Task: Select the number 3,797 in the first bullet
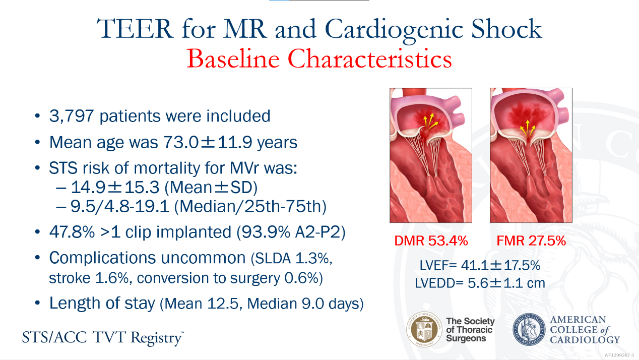(x=72, y=116)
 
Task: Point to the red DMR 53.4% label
(x=431, y=241)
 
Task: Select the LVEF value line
(x=480, y=265)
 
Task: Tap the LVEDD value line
(x=480, y=283)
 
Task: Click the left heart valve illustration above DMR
(x=431, y=155)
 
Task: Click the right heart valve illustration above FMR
(x=531, y=155)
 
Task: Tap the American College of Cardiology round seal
(x=529, y=329)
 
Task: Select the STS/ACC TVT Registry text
(x=102, y=337)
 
